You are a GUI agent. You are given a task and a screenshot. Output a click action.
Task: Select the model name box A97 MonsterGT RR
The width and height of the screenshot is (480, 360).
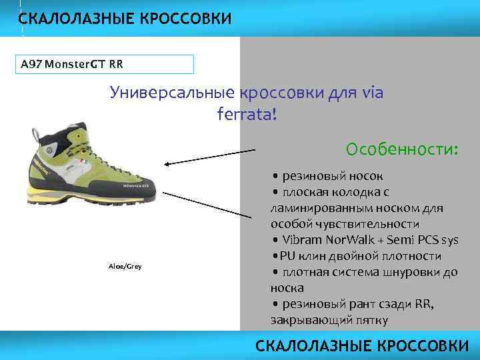tap(107, 64)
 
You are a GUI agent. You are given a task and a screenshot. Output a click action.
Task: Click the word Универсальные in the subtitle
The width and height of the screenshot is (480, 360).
tap(171, 93)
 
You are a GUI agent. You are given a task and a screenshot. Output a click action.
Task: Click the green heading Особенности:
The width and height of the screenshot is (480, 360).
tap(402, 147)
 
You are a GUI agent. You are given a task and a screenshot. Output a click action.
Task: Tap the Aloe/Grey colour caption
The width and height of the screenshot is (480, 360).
tap(125, 267)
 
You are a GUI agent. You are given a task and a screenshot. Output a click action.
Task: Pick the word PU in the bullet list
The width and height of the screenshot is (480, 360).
tap(287, 256)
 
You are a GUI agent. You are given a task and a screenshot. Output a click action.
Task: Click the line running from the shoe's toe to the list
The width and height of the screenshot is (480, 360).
tap(213, 207)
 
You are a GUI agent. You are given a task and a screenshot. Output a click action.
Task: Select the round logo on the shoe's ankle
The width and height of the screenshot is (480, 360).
tap(49, 151)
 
